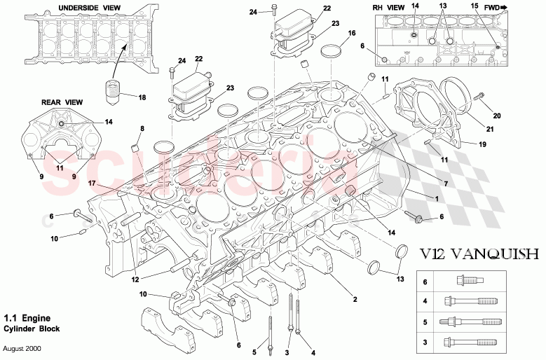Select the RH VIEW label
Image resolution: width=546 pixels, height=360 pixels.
coord(388,8)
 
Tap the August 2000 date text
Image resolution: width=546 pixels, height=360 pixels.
coord(22,348)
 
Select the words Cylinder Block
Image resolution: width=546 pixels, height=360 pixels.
coord(32,328)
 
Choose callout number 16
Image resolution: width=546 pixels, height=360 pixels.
coord(352,33)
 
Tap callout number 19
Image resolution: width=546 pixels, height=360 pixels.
coord(482,145)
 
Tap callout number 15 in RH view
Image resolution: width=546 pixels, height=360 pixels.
coord(474,7)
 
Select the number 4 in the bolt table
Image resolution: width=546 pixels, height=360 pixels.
coord(424,302)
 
